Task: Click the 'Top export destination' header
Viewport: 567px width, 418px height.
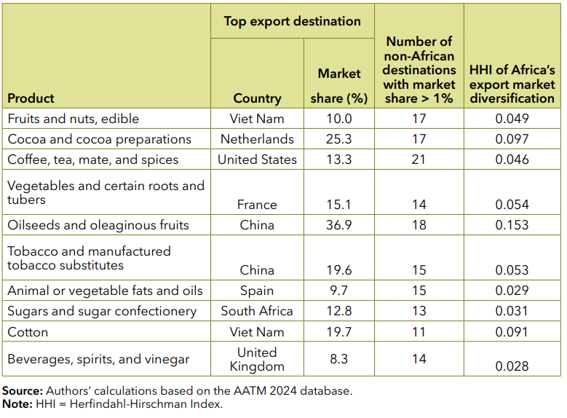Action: pos(292,21)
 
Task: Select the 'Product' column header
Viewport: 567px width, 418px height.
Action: pos(31,98)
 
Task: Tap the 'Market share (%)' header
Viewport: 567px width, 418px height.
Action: pos(338,85)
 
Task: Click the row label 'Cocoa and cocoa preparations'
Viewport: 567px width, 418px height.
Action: pos(99,139)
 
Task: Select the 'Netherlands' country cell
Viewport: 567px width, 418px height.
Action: pos(257,139)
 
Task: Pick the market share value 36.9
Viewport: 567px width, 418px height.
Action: pos(338,225)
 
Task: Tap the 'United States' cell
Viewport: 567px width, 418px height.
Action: pos(257,159)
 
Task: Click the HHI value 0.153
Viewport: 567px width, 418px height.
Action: pos(512,225)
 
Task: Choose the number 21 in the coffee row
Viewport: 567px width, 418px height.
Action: pos(419,159)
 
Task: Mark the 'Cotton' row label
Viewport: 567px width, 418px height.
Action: pos(28,332)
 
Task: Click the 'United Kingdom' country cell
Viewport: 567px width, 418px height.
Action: pos(257,360)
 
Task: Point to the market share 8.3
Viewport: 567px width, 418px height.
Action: pos(338,359)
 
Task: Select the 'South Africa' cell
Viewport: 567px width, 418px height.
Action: pos(257,311)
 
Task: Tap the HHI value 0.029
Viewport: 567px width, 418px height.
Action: pos(512,291)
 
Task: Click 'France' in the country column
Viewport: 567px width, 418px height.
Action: pos(257,205)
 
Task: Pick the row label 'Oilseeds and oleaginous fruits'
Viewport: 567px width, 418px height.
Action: pos(98,225)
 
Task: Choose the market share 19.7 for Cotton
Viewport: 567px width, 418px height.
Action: pos(338,332)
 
